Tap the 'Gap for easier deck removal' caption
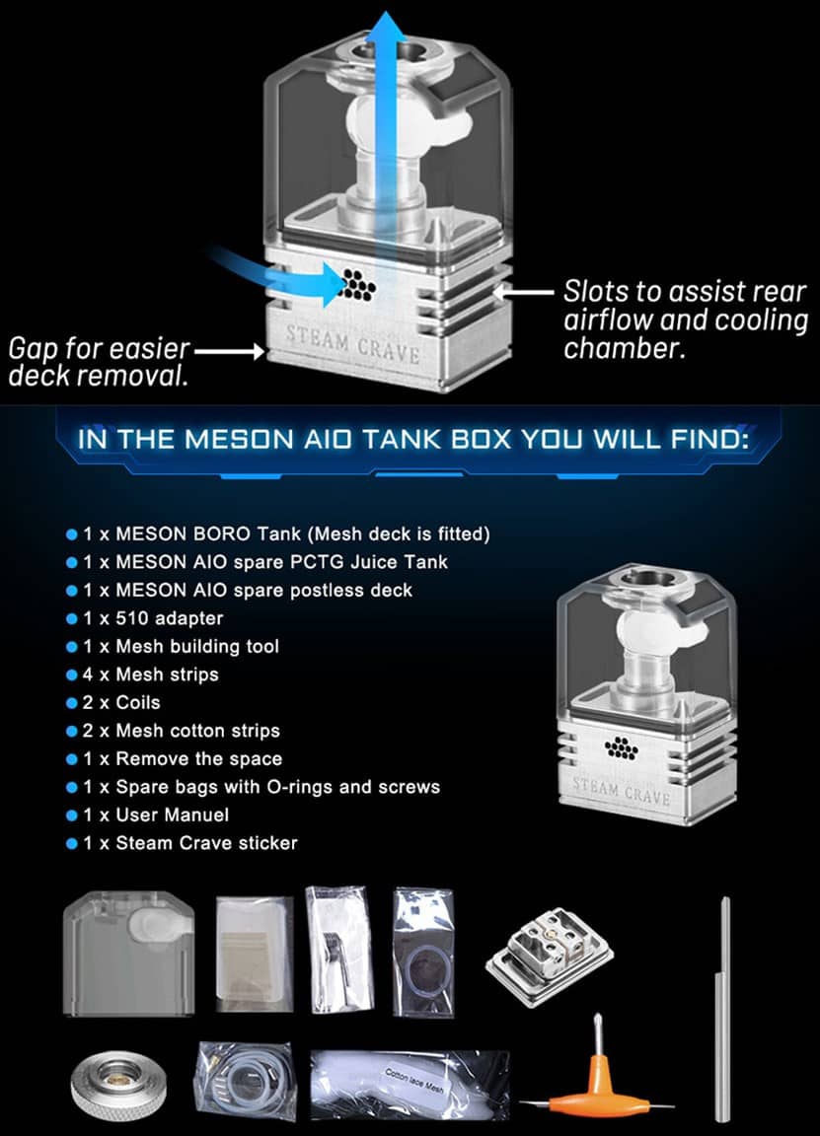[99, 362]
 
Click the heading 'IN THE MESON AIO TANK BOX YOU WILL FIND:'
[410, 439]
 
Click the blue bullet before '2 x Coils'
[71, 703]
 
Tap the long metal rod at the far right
[725, 1006]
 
